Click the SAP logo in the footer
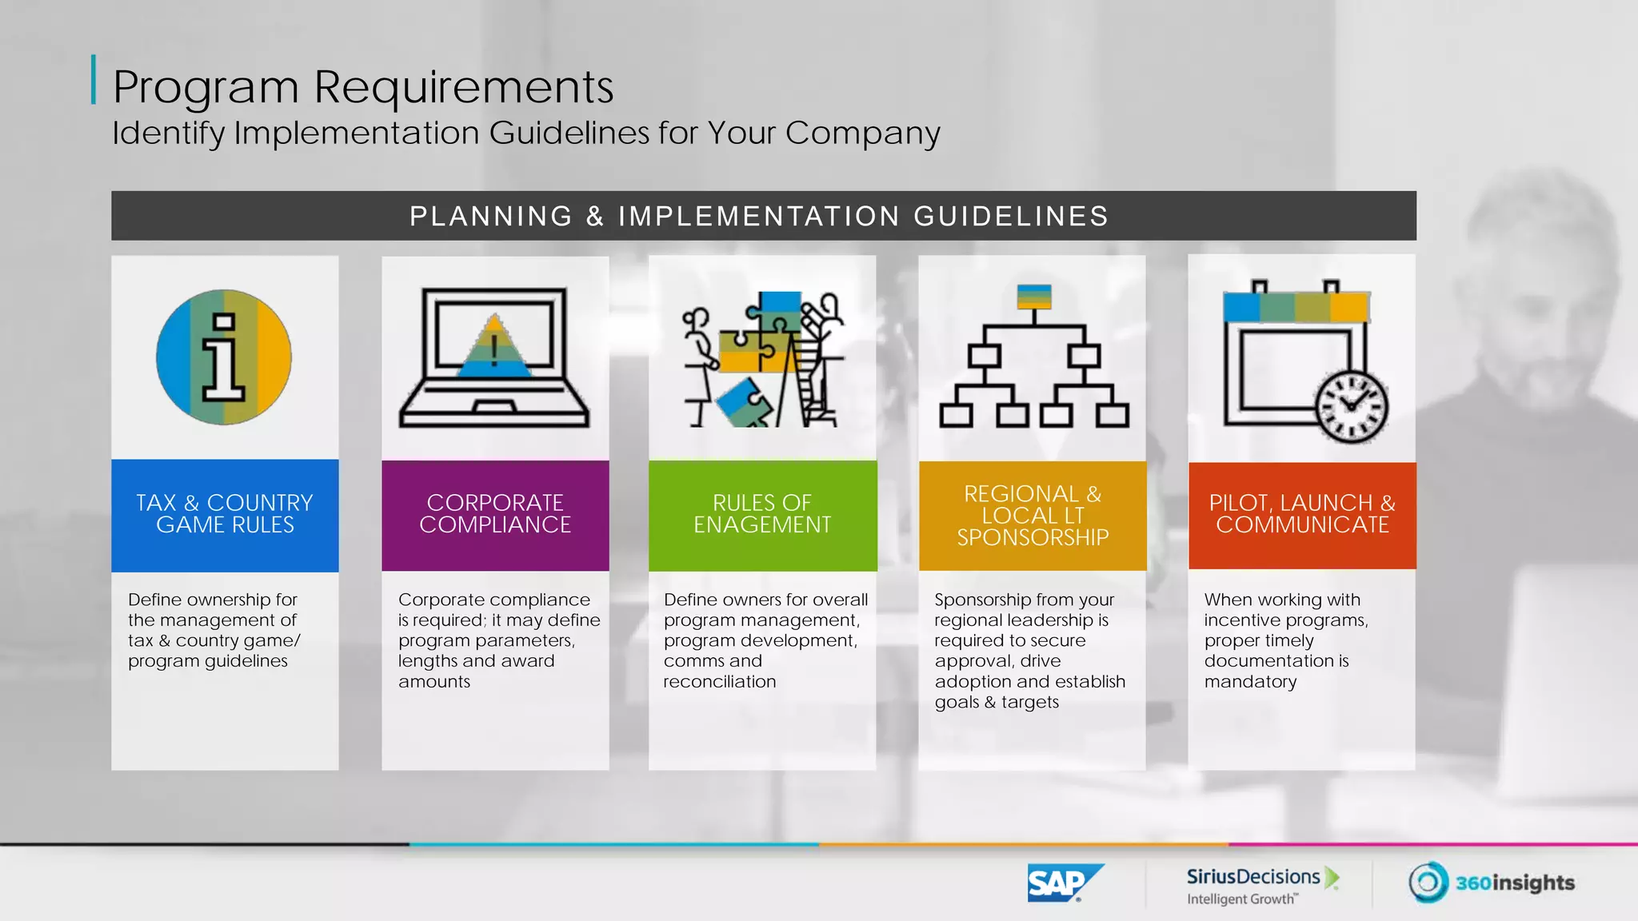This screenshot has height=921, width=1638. pos(1064,883)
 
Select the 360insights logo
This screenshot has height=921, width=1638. pos(1492,883)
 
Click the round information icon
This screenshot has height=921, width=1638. pos(224,357)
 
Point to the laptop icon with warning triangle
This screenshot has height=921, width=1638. pos(494,358)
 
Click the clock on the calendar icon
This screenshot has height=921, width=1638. pos(1352,406)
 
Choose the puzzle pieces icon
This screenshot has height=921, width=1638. pos(762,359)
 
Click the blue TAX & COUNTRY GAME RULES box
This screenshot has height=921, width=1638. pos(225,514)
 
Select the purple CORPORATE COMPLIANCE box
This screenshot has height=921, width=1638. pos(495,514)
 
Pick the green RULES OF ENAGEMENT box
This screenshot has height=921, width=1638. pos(762,514)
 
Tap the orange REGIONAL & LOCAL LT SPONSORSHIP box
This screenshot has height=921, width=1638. pos(1033,516)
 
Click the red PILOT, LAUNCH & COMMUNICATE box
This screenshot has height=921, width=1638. pos(1302,514)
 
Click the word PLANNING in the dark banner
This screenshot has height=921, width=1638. pos(491,217)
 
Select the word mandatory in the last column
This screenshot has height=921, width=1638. pos(1250,682)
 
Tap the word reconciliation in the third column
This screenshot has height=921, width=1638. pos(720,682)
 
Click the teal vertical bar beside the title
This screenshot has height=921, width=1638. pos(94,79)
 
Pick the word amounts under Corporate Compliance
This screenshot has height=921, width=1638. pos(434,682)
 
